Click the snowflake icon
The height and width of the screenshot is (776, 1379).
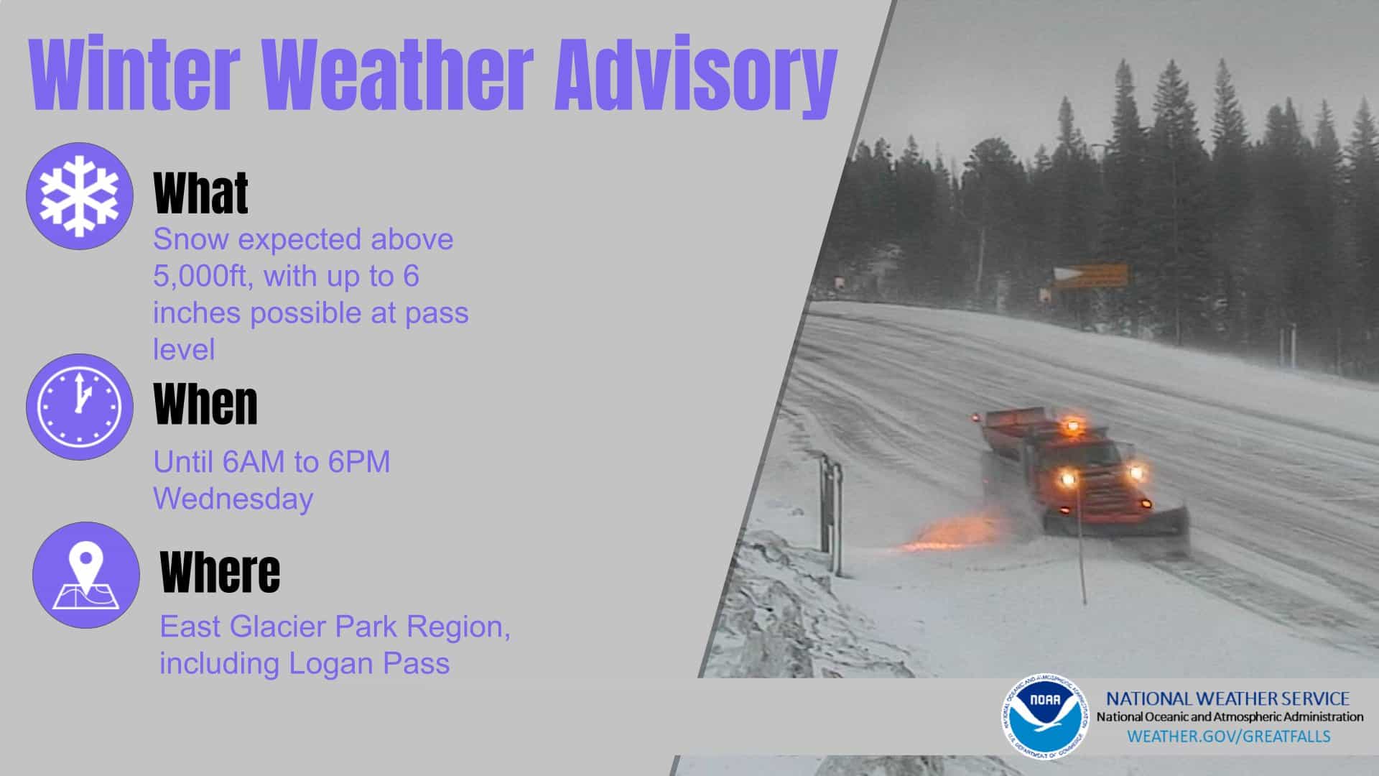80,196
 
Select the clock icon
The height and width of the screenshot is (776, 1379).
80,407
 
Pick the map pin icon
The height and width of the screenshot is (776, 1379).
86,575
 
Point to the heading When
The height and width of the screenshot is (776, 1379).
205,404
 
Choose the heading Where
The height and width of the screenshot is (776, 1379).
220,572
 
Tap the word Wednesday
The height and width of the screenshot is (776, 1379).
233,499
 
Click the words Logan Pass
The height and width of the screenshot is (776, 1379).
369,663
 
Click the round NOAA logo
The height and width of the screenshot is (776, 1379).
1045,717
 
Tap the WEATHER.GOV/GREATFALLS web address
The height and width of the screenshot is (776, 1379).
1229,736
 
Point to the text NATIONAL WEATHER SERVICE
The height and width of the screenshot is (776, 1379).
1227,698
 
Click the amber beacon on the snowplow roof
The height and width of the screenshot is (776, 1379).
1072,425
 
